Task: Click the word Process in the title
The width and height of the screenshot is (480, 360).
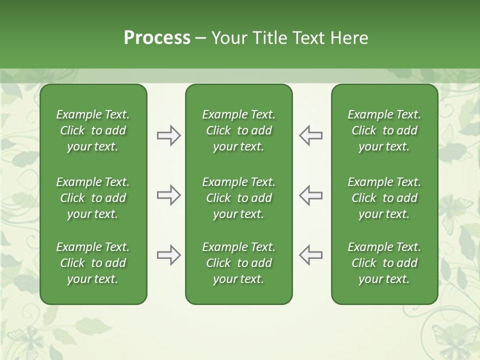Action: (x=157, y=38)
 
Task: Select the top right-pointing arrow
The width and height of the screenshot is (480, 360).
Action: (x=169, y=135)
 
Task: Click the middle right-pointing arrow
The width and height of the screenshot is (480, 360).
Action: (x=169, y=195)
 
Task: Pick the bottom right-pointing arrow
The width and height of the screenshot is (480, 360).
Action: (x=169, y=255)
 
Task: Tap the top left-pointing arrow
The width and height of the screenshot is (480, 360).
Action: (x=310, y=135)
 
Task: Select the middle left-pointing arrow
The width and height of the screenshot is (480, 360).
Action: (x=310, y=195)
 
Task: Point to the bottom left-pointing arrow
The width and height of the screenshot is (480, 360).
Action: (x=310, y=255)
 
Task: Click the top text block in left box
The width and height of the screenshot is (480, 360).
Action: (x=93, y=130)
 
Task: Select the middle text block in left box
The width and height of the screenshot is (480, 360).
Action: (x=93, y=198)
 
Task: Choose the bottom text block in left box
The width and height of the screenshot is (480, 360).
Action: (x=93, y=263)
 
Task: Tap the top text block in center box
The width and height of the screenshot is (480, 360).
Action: (x=239, y=130)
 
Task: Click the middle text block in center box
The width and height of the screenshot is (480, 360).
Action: (x=239, y=198)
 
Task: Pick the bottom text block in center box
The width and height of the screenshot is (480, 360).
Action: (x=239, y=263)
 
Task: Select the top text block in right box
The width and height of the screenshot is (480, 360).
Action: (x=384, y=130)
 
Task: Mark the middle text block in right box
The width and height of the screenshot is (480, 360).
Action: (x=384, y=198)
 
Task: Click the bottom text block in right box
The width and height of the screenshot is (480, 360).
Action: (x=384, y=263)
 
